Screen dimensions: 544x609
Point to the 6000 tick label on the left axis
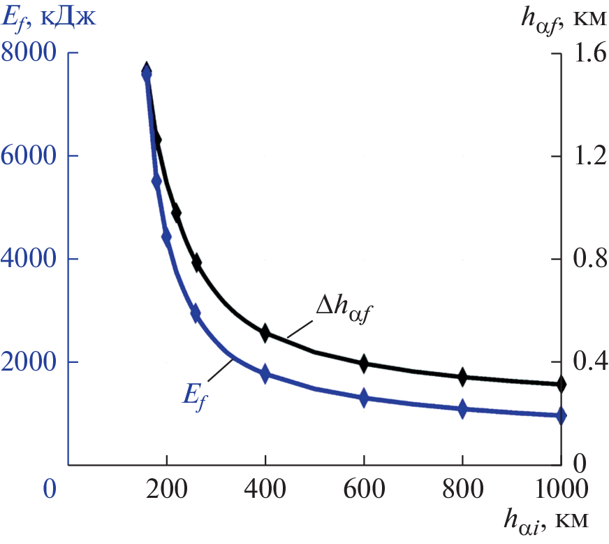[x=29, y=156]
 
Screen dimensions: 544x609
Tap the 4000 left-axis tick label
[x=29, y=259]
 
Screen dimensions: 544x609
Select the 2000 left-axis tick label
[x=29, y=362]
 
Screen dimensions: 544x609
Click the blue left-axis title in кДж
[x=49, y=17]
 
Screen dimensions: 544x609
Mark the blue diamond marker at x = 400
[x=265, y=374]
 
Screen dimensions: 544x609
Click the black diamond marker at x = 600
[x=364, y=363]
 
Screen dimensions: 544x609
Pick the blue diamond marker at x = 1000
[x=561, y=415]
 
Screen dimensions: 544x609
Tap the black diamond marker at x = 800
[x=462, y=377]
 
